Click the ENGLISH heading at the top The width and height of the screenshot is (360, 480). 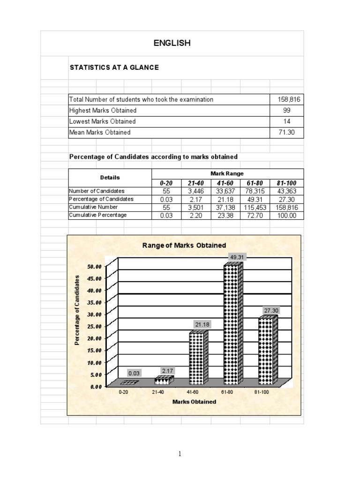pos(172,43)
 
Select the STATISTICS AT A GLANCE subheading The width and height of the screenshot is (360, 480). pos(114,67)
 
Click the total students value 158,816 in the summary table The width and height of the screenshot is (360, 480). pos(287,99)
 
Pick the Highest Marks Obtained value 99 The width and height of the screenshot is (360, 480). pos(287,111)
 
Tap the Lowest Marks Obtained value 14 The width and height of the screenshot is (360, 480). pos(287,121)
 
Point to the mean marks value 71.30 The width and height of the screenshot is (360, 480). pos(287,133)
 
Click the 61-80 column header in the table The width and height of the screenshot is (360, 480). pos(255,183)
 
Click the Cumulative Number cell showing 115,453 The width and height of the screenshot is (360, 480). pos(255,207)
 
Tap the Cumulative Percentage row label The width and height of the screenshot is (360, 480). pos(97,215)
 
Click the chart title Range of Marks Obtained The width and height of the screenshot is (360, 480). pos(184,245)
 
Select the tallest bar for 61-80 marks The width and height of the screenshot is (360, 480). pos(233,323)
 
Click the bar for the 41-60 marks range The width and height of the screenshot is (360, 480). pos(198,359)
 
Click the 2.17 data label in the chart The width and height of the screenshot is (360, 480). pos(167,371)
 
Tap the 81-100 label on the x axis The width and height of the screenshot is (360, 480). pos(262,392)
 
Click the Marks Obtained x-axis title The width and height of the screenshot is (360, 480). pos(194,402)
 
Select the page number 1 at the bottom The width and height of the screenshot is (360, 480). pos(180,454)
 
